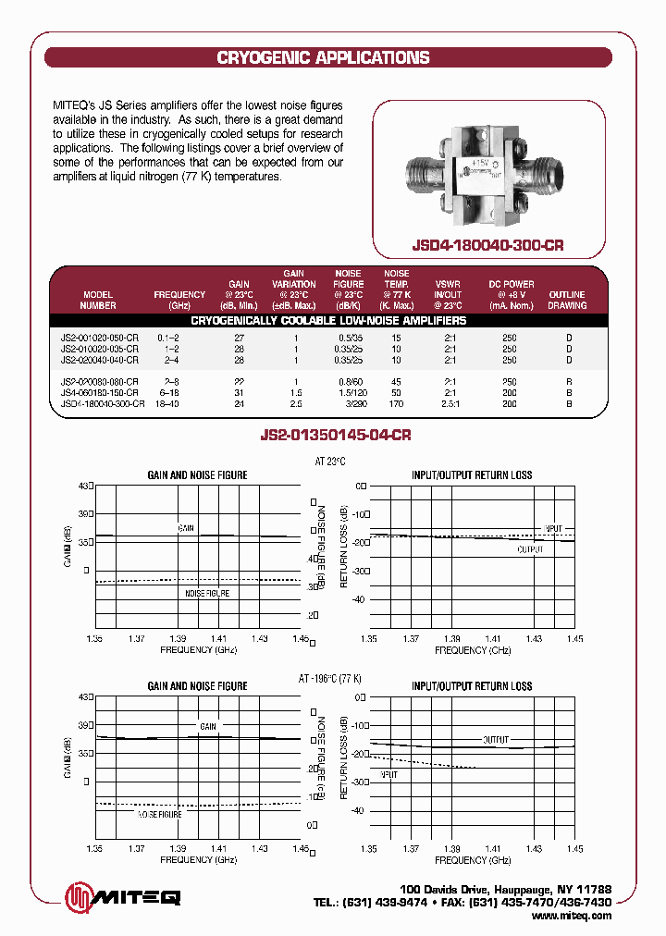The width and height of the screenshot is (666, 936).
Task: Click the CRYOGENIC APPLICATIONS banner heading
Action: (323, 57)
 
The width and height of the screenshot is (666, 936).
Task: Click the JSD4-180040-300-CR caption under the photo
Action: (487, 247)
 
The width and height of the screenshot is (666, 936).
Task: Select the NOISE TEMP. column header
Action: (397, 289)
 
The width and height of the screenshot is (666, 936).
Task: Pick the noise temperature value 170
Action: (397, 403)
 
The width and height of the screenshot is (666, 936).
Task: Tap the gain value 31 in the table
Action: (239, 392)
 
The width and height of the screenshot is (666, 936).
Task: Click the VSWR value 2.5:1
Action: (450, 403)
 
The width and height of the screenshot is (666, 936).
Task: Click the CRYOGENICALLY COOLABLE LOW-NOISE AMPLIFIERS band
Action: (328, 321)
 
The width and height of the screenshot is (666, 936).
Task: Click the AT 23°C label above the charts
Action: (329, 461)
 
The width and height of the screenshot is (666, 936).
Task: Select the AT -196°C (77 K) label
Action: (329, 679)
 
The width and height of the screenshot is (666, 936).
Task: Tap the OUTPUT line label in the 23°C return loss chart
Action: (530, 549)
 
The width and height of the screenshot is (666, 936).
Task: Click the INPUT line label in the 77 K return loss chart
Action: (388, 774)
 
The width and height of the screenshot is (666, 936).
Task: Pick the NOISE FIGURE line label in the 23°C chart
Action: (207, 593)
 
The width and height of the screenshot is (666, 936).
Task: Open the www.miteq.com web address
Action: (573, 916)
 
